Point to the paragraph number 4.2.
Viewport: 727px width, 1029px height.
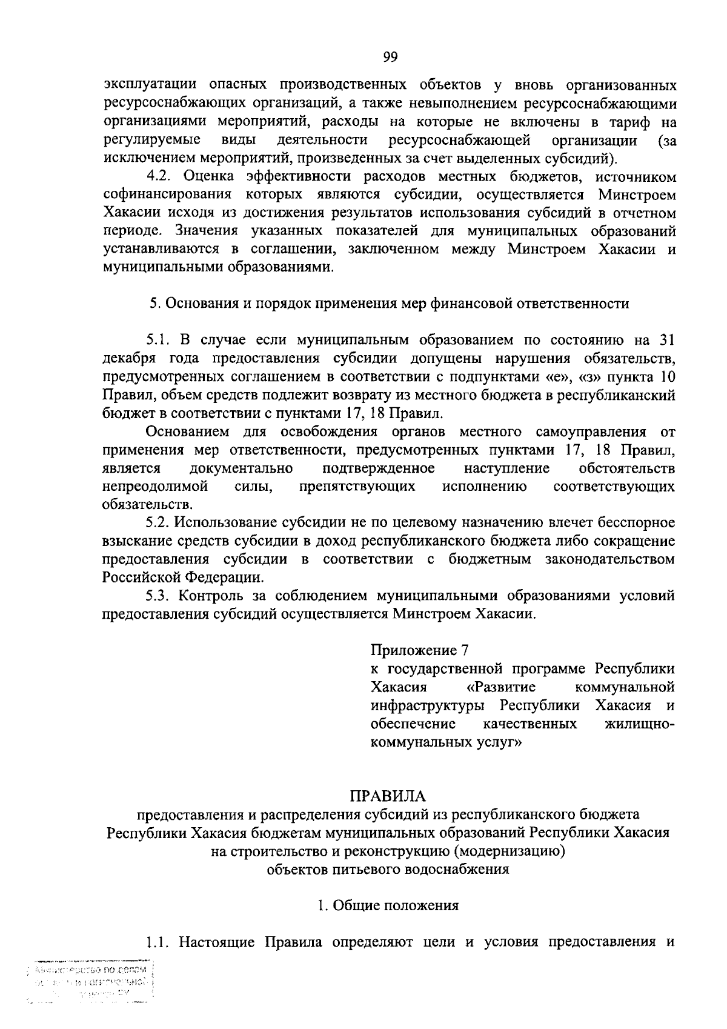tap(161, 176)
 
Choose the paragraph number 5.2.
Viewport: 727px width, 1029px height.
tap(161, 522)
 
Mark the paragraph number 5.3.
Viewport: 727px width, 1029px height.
tap(161, 596)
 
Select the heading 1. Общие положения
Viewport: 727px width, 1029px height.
tap(388, 905)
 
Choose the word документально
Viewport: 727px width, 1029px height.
tap(241, 468)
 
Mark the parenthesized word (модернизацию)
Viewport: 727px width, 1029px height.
tap(508, 851)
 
